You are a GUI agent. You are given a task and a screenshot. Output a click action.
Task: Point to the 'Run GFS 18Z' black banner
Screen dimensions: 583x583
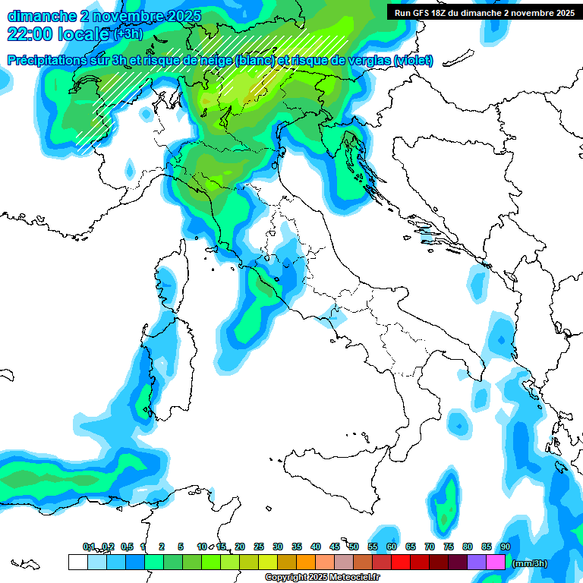[x=484, y=12]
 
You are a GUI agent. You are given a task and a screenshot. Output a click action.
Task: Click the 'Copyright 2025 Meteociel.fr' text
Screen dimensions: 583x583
[x=323, y=578]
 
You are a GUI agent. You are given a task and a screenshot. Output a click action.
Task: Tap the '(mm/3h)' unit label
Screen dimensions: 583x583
[x=529, y=563]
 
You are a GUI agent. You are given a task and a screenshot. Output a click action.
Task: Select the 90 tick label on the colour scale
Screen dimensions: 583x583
[x=506, y=547]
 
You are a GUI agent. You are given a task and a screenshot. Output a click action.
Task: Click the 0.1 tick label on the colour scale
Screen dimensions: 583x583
[x=89, y=547]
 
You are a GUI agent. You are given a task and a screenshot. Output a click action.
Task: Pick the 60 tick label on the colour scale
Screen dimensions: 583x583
[x=392, y=547]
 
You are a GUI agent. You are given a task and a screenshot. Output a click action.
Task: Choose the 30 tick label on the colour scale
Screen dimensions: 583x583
[x=278, y=547]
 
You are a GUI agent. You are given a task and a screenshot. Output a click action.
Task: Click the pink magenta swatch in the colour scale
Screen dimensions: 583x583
[x=496, y=563]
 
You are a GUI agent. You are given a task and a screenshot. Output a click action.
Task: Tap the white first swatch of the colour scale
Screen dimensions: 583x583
[x=77, y=563]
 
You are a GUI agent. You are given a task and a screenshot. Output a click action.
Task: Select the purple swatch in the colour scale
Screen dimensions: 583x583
[x=477, y=563]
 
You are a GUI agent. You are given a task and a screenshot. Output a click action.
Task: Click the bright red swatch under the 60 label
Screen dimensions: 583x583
[x=401, y=563]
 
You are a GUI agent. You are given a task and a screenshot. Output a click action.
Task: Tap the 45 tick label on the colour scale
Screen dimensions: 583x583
[x=335, y=547]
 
